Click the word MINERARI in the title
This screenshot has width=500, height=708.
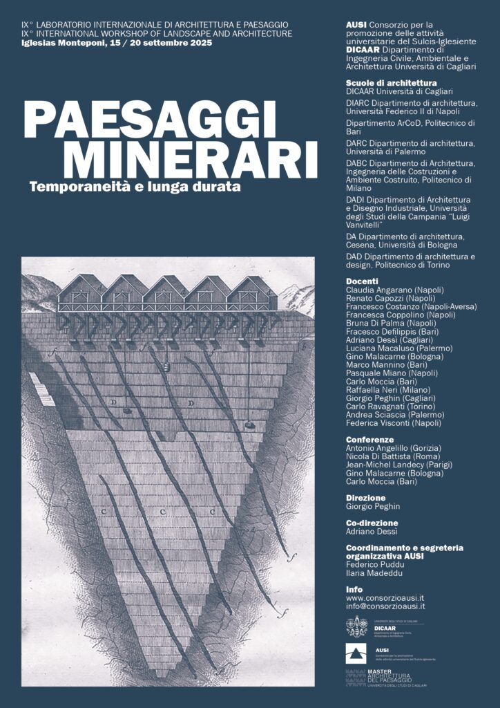click(191, 160)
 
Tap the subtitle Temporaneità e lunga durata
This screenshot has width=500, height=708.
click(138, 186)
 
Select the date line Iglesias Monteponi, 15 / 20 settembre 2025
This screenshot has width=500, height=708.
click(117, 43)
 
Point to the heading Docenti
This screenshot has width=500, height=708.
click(362, 281)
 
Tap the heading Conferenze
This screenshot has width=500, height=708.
click(369, 439)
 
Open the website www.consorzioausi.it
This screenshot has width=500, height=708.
click(385, 598)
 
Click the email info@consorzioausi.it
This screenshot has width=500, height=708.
click(385, 606)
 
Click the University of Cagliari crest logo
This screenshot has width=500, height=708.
click(357, 626)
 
